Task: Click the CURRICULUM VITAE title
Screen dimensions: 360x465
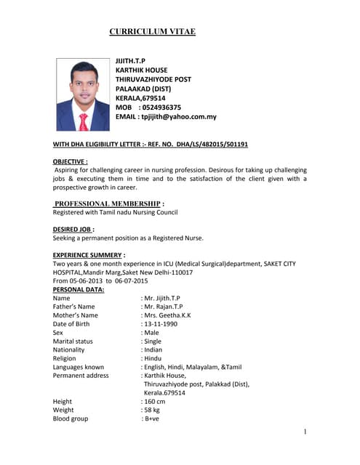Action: coord(152,32)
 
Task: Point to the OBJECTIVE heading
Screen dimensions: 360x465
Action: coord(71,161)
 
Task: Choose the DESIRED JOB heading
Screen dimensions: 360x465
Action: coord(73,229)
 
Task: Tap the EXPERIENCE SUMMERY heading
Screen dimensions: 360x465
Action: coord(89,255)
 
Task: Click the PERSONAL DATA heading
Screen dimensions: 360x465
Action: coord(79,290)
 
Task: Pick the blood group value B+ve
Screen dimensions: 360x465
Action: coord(151,419)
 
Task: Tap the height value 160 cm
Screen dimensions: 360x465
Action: coord(154,402)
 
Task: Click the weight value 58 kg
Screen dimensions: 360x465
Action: coord(152,411)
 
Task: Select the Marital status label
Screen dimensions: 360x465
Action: coord(73,341)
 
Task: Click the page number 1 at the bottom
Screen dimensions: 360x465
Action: coord(305,432)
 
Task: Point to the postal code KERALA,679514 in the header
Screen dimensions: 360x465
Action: coord(140,98)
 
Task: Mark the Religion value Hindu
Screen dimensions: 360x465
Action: coord(152,358)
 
